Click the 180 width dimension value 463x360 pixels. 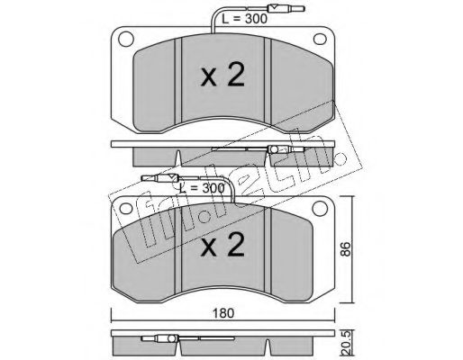click(x=223, y=313)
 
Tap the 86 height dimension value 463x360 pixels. click(x=346, y=249)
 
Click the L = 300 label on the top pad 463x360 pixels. click(x=244, y=19)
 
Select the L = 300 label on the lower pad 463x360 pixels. click(x=202, y=188)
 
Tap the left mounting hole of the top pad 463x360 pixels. click(x=126, y=39)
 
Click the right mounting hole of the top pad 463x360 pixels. click(x=320, y=39)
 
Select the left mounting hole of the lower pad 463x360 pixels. click(x=126, y=209)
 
